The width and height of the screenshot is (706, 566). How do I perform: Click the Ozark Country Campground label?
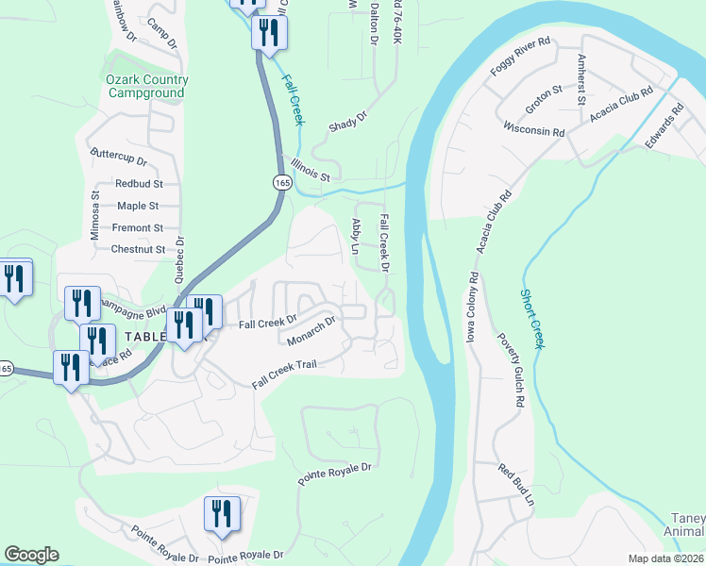pos(147,86)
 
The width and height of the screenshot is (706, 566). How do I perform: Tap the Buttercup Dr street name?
pos(118,156)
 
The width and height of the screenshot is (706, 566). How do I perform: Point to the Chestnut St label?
pos(138,250)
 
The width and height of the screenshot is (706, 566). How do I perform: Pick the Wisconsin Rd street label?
pos(533,127)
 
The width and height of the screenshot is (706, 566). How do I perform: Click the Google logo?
pos(31,555)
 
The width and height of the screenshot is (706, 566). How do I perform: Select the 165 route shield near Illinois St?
pos(281,182)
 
